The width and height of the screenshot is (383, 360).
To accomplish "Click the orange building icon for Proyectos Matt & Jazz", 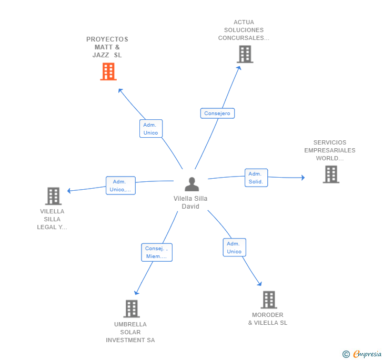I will (x=108, y=71).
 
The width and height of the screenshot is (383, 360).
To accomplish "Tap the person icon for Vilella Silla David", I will (x=192, y=184).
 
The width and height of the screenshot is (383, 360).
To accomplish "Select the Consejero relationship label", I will (x=217, y=113).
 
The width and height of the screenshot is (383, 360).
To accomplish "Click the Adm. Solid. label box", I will (x=256, y=178).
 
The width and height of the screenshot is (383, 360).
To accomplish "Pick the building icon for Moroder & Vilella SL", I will (x=268, y=300).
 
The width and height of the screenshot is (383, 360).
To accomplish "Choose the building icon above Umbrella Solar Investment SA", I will (x=132, y=308).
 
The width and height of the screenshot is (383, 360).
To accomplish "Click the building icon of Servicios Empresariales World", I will (x=331, y=174).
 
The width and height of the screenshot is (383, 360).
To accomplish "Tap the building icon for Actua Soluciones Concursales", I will (x=245, y=54).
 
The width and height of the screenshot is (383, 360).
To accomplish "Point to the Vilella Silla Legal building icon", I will (x=53, y=196).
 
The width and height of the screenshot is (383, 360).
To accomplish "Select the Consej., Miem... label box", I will (x=156, y=252).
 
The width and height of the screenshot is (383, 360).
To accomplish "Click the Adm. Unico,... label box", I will (x=120, y=186).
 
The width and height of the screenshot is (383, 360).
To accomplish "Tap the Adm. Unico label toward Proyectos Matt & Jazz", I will (x=151, y=129).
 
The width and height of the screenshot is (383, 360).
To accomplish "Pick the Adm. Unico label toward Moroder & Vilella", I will (x=234, y=248).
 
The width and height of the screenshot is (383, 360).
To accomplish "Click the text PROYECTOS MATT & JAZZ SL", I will (x=107, y=47).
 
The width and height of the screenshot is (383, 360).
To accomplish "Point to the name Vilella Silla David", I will (x=190, y=202).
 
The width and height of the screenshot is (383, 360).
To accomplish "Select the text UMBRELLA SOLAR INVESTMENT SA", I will (x=130, y=332).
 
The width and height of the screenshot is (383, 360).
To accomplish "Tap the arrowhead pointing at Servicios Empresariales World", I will (x=303, y=178).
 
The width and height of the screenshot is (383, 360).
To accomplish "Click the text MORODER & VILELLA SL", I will (x=268, y=319).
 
